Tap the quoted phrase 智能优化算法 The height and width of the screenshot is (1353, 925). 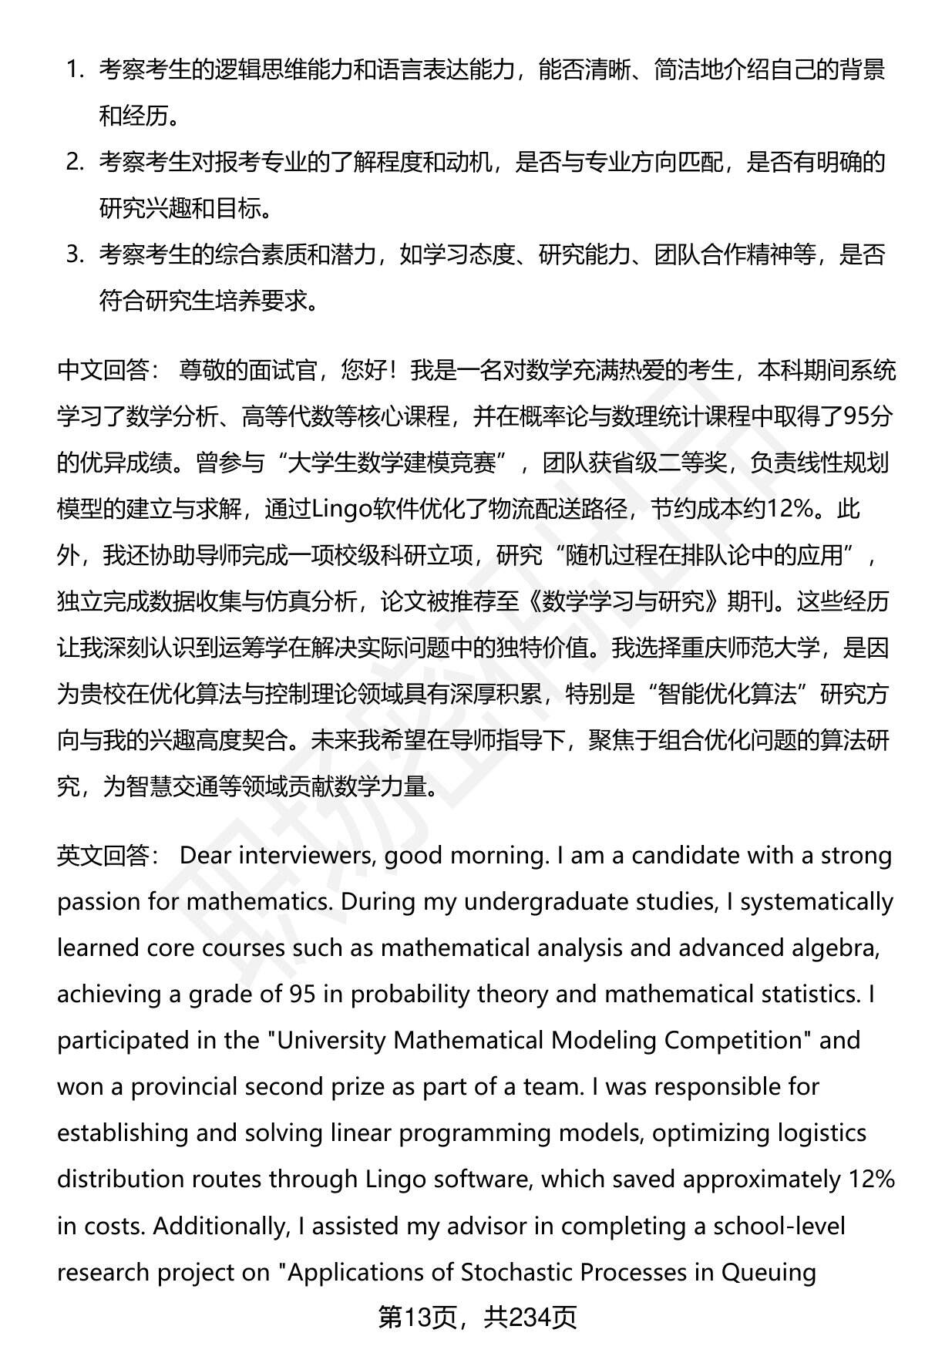pos(728,695)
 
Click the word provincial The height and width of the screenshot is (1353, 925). pos(183,1086)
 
